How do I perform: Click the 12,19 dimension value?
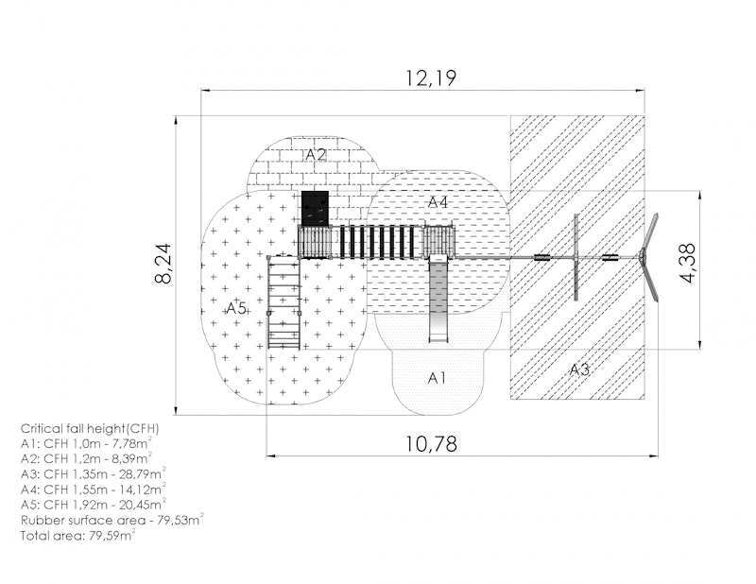(x=431, y=78)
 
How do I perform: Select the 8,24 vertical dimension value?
(x=163, y=264)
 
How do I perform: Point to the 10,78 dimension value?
(x=431, y=443)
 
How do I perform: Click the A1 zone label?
(x=437, y=378)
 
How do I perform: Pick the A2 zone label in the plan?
(x=316, y=154)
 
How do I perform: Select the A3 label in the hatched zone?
(x=579, y=369)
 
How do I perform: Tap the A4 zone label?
(x=438, y=202)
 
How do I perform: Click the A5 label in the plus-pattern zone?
(x=236, y=308)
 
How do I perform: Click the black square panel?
(x=316, y=208)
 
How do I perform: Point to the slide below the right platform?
(x=438, y=299)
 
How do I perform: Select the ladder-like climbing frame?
(x=284, y=301)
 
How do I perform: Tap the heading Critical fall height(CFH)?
(x=90, y=428)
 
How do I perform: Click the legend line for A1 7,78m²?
(x=87, y=442)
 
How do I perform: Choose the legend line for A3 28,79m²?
(x=94, y=473)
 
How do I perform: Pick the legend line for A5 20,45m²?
(x=94, y=505)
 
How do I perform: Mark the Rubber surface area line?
(x=112, y=520)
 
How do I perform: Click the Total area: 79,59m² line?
(x=78, y=535)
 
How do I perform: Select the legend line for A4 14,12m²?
(x=94, y=489)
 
